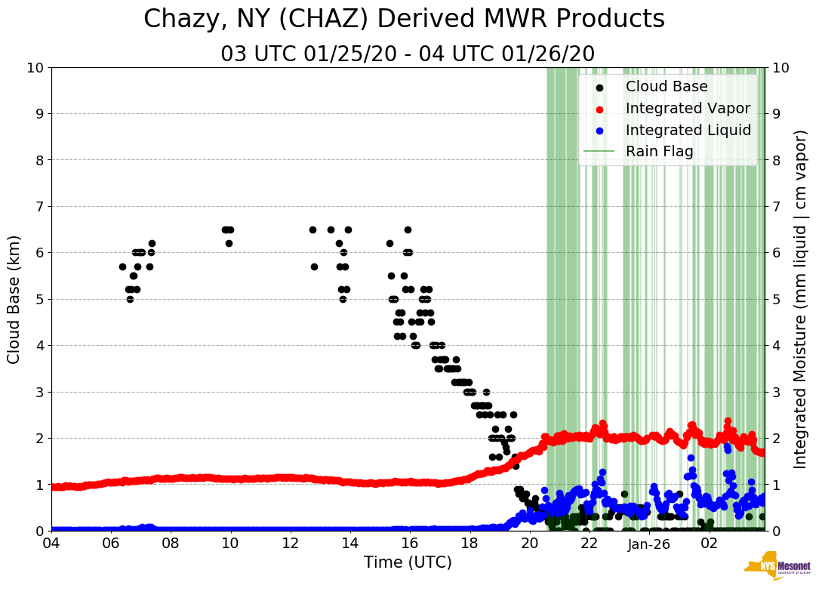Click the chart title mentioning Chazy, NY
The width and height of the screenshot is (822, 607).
(404, 20)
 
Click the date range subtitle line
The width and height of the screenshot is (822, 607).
(408, 54)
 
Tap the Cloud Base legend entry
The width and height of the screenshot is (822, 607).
(666, 87)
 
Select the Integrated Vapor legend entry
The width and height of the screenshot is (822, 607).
(688, 109)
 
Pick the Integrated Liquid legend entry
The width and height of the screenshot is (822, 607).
(688, 131)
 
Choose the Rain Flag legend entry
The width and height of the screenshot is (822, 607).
(659, 152)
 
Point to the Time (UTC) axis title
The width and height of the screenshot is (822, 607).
(408, 562)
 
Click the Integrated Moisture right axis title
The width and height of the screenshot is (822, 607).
(802, 298)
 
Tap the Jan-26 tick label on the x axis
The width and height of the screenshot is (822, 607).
(649, 544)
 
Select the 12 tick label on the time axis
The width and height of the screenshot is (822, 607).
(290, 544)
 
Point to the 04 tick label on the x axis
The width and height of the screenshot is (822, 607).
(51, 544)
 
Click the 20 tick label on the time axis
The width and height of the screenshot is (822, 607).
(529, 544)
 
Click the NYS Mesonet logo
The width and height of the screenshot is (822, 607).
(777, 570)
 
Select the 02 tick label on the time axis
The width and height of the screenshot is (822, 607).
(709, 544)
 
